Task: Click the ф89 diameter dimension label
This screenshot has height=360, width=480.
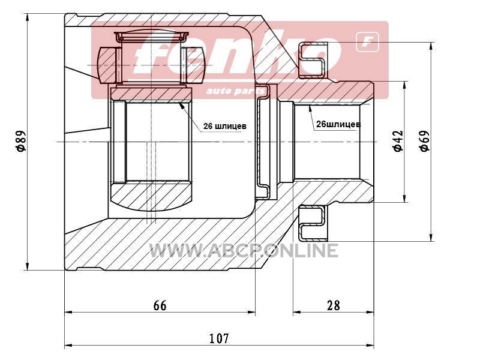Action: click(x=21, y=141)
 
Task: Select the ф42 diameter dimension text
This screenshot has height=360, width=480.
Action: click(x=398, y=141)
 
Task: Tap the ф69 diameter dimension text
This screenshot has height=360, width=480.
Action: click(x=425, y=141)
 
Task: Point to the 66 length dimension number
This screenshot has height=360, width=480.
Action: click(x=160, y=305)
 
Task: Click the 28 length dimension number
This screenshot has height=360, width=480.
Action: click(x=333, y=305)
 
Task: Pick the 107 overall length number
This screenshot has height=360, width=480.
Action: click(x=219, y=338)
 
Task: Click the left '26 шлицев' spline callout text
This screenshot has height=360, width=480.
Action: click(x=224, y=126)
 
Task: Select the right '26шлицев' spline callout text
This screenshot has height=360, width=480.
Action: click(x=338, y=124)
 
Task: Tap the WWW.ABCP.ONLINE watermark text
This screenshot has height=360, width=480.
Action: click(x=244, y=250)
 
